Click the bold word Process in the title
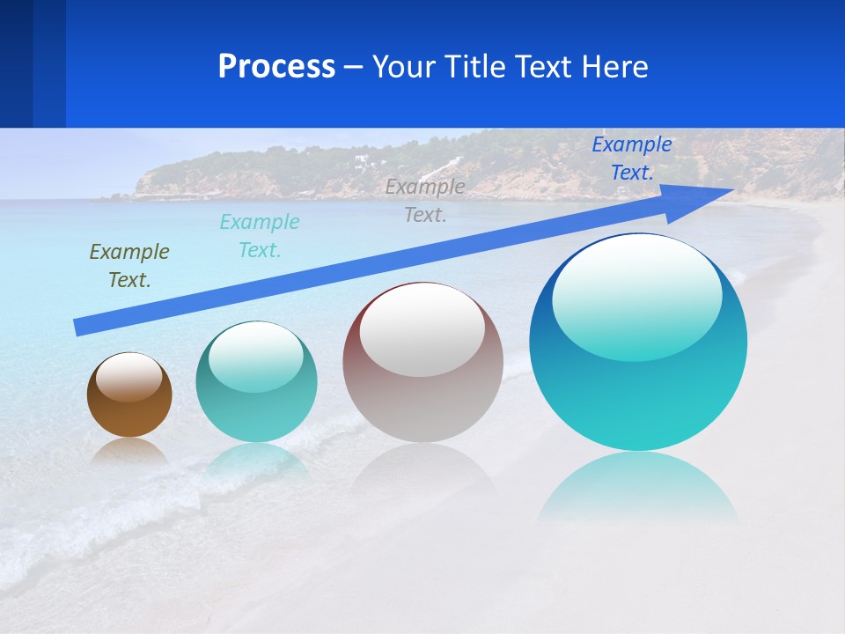276,67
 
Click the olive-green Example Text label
129,266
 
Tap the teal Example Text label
260,236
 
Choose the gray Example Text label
425,200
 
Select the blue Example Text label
632,158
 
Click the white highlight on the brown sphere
129,377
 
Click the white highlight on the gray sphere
422,330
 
